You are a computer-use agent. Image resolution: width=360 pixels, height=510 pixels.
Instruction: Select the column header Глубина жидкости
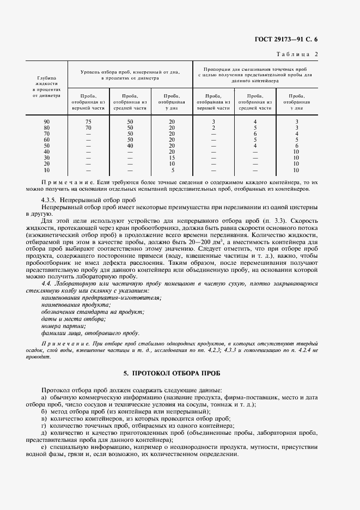coord(47,81)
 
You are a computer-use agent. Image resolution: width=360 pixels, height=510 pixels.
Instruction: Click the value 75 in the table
coord(88,121)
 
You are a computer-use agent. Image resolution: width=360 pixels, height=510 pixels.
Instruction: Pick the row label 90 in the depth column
coord(47,121)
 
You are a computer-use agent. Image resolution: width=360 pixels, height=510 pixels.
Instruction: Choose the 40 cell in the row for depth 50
coord(130,145)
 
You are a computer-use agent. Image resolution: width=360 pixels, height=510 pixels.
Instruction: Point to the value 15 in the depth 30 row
coord(172,157)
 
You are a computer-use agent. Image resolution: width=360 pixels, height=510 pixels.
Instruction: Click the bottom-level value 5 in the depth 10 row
coord(172,170)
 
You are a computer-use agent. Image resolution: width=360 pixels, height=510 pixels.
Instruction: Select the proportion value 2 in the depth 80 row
coord(213,127)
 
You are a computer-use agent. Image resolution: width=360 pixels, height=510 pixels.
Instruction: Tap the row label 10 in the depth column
coord(47,170)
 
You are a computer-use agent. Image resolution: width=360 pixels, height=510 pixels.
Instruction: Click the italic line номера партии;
coord(56,326)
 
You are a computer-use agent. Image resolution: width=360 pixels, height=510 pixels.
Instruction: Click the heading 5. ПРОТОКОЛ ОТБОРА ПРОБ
coord(179,373)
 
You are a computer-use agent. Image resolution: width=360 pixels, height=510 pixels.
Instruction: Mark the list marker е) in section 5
coord(44,447)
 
